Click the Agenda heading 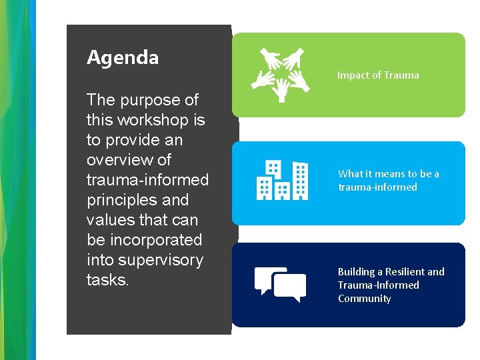click(123, 58)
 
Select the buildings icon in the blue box click(282, 180)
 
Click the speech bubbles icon click(281, 285)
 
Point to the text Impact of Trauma click(378, 75)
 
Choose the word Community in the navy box click(364, 299)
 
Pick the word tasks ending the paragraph click(107, 281)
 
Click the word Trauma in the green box click(401, 75)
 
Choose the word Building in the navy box click(356, 272)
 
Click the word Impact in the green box click(352, 75)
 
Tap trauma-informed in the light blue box click(377, 187)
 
